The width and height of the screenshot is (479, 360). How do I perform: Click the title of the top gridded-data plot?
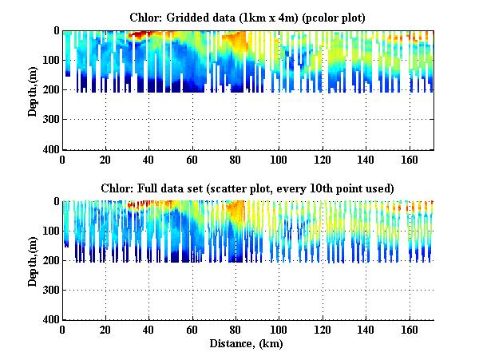248,17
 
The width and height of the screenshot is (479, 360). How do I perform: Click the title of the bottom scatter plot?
248,188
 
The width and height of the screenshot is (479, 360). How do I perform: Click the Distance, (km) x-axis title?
248,344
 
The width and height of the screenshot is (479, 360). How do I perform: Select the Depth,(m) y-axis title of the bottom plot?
33,260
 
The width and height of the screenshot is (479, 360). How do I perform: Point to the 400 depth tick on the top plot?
51,150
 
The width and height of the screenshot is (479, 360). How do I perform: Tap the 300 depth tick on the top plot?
51,120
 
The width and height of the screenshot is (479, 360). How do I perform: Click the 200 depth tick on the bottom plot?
51,261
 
